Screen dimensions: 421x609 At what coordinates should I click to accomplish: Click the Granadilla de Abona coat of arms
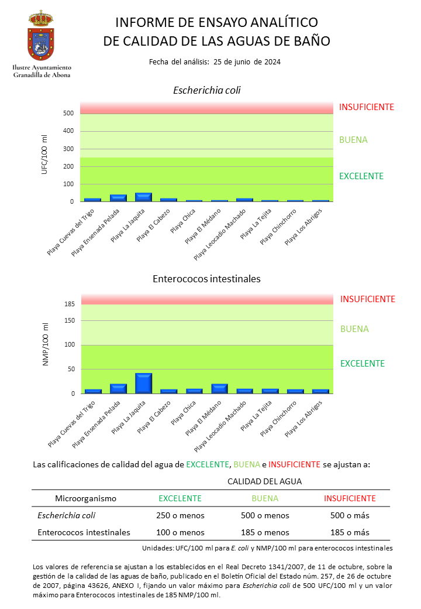point(41,35)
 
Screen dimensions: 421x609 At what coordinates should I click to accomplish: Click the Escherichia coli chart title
point(206,91)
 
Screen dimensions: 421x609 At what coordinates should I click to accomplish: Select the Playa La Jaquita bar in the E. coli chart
point(143,197)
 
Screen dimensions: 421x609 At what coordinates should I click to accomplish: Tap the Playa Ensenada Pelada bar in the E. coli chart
point(118,198)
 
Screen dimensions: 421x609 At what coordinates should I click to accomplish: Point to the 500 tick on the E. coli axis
point(68,114)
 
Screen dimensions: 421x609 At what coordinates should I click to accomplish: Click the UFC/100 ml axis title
point(44,155)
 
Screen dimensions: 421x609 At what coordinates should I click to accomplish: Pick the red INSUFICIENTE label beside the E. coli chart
point(367,107)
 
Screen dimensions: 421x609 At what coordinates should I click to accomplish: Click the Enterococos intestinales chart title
point(206,279)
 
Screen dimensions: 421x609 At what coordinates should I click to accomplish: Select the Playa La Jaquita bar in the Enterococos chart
point(143,384)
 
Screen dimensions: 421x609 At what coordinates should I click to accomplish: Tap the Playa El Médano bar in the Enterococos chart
point(219,389)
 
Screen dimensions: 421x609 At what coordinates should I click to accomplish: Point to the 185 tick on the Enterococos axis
point(70,304)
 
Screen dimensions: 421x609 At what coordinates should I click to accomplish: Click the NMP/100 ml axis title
point(46,344)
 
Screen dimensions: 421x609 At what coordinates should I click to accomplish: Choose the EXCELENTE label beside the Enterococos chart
point(363,364)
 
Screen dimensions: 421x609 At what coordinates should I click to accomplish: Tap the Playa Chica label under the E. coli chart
point(182,221)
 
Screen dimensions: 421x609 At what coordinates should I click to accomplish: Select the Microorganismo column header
point(86,499)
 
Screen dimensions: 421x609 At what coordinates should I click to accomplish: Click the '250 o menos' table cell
point(180,516)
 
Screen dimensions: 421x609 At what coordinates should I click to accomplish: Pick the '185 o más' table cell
point(350,533)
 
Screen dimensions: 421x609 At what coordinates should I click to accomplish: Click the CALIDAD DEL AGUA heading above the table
point(264,481)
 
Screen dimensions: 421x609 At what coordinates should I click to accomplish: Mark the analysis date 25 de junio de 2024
point(247,62)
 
